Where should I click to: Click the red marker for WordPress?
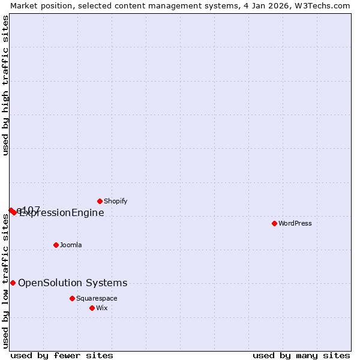click(274, 223)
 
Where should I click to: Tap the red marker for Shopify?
click(100, 201)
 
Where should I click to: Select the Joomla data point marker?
click(56, 245)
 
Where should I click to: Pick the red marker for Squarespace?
click(72, 298)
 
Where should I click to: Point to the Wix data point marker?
click(92, 308)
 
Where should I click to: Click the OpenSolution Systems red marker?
click(13, 283)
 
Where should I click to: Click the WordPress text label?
click(295, 223)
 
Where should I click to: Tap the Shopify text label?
click(116, 201)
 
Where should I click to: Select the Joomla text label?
click(71, 245)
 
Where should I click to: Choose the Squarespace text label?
click(97, 298)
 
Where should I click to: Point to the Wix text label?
click(102, 308)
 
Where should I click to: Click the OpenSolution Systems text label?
click(73, 283)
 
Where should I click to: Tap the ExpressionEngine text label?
click(62, 212)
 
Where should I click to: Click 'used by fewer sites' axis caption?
click(62, 355)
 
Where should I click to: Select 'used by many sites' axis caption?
click(301, 355)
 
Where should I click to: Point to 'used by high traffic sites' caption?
click(5, 85)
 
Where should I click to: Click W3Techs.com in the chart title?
click(322, 5)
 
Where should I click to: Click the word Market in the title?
click(23, 5)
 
